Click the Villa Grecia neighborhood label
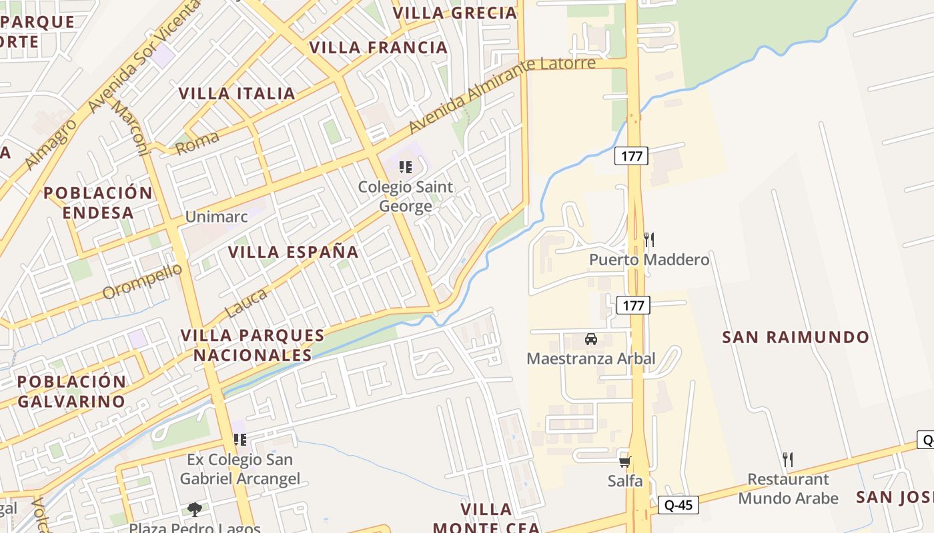click(x=455, y=13)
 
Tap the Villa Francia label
click(x=378, y=47)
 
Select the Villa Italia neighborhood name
click(x=237, y=93)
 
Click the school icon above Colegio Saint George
click(x=406, y=167)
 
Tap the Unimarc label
click(x=216, y=217)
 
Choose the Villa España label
click(x=294, y=252)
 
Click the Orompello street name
click(x=142, y=282)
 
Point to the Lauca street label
click(x=246, y=302)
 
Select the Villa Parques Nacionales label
click(x=253, y=345)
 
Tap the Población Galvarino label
click(x=71, y=391)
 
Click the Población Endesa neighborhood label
click(x=99, y=203)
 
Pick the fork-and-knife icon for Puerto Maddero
click(x=648, y=240)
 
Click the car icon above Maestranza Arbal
click(x=591, y=339)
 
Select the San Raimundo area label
click(x=796, y=337)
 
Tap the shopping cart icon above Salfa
click(x=625, y=462)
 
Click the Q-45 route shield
click(x=678, y=505)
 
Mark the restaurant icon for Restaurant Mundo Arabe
click(x=788, y=459)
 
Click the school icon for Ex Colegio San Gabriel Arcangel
click(x=240, y=440)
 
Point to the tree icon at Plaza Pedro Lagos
click(x=195, y=510)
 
